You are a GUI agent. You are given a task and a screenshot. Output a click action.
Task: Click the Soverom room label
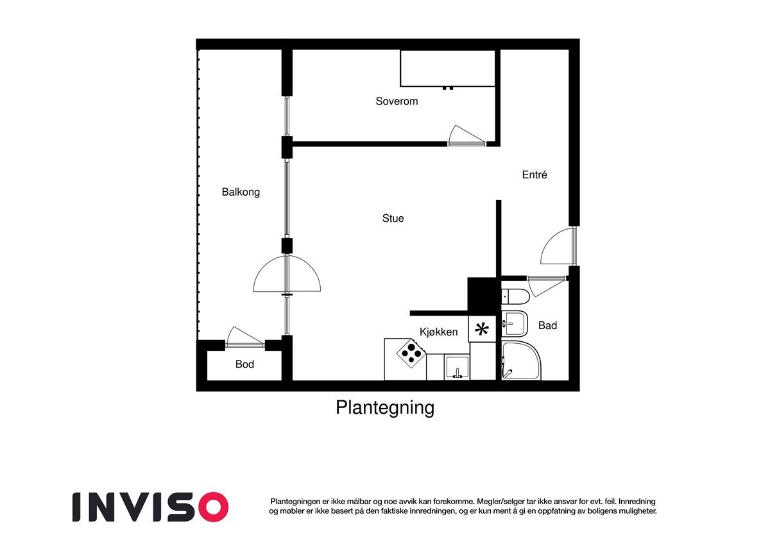[397, 101]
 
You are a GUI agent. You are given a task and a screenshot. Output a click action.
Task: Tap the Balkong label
[241, 192]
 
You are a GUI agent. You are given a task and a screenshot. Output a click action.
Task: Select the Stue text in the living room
[393, 219]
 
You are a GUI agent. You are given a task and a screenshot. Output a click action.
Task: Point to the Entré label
[535, 174]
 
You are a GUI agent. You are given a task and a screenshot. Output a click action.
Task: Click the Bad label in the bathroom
[547, 326]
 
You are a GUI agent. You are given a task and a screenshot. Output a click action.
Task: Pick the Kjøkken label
[438, 332]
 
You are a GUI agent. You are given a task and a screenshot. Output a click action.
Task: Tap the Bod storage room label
[244, 364]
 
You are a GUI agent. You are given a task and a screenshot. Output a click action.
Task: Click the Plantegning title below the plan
[385, 408]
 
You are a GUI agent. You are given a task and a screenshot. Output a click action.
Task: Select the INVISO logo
[150, 507]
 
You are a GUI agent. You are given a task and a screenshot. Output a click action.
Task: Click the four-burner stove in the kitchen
[411, 353]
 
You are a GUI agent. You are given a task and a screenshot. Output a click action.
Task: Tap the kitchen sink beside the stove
[457, 368]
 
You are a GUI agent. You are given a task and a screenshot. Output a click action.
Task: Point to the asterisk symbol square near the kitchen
[481, 330]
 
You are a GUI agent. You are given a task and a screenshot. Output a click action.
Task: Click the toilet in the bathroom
[515, 296]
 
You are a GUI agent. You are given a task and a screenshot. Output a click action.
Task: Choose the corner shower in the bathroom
[520, 361]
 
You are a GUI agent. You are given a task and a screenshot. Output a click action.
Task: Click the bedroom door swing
[465, 136]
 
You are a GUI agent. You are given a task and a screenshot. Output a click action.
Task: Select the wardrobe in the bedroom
[447, 68]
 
